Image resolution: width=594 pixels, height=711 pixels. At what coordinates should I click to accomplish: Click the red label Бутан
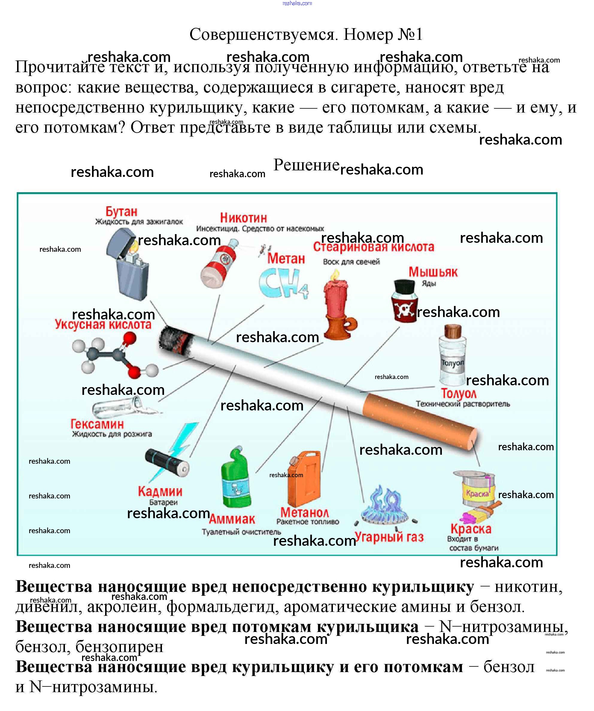click(x=121, y=212)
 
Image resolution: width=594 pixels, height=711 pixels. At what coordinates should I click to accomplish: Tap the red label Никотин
click(x=243, y=218)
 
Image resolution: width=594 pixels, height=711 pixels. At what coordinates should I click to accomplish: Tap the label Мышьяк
click(x=433, y=272)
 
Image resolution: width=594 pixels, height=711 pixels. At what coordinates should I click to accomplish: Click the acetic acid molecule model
click(x=113, y=356)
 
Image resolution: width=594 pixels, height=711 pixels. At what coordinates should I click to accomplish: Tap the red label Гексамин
click(x=97, y=424)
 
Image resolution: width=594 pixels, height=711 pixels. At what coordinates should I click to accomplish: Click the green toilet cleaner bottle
click(x=236, y=478)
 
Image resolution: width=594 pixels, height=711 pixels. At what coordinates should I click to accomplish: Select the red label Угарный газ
click(x=389, y=537)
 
